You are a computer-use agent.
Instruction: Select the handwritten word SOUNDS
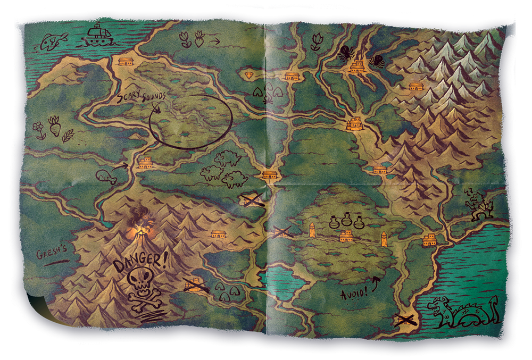[x=152, y=96]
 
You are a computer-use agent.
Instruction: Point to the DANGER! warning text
[x=140, y=262]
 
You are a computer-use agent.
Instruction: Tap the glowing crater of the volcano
[x=140, y=230]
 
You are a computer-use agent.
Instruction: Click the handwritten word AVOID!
[x=353, y=293]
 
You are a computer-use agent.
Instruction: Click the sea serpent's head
[x=442, y=308]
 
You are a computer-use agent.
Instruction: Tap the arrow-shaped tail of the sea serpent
[x=495, y=302]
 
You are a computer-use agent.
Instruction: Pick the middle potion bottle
[x=346, y=220]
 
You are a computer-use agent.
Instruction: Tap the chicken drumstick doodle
[x=106, y=177]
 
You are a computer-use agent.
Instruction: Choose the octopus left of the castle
[x=344, y=52]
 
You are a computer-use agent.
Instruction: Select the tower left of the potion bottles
[x=312, y=230]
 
